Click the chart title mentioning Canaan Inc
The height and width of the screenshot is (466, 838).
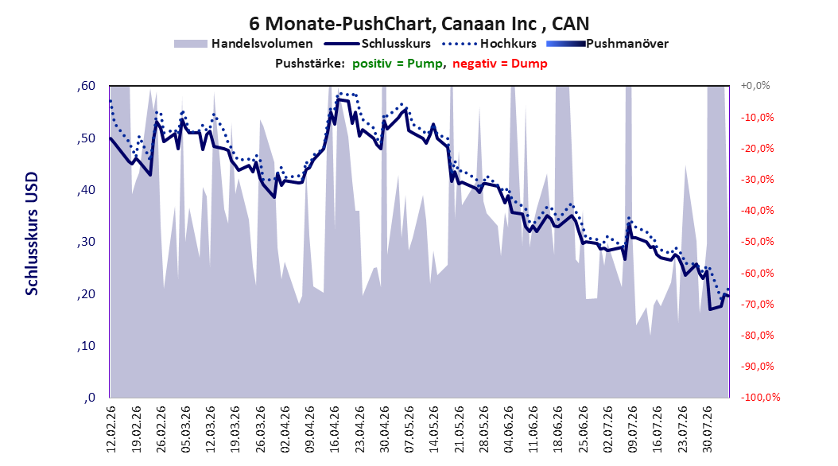pyautogui.click(x=419, y=24)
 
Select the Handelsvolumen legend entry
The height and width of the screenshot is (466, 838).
pyautogui.click(x=244, y=44)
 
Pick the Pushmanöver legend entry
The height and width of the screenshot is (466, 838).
pyautogui.click(x=607, y=44)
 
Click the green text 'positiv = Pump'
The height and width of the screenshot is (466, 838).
pyautogui.click(x=397, y=64)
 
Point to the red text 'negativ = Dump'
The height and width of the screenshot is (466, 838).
pyautogui.click(x=500, y=64)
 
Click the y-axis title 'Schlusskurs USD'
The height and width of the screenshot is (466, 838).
pyautogui.click(x=32, y=234)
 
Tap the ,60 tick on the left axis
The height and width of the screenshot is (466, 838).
pyautogui.click(x=86, y=86)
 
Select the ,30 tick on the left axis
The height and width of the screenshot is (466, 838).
pyautogui.click(x=86, y=242)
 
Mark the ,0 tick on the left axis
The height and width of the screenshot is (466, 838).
pyautogui.click(x=89, y=398)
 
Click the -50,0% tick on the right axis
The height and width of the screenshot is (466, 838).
pyautogui.click(x=757, y=242)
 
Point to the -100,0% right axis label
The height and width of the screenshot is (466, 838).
pyautogui.click(x=760, y=397)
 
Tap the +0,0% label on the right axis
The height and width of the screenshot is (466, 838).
pyautogui.click(x=755, y=86)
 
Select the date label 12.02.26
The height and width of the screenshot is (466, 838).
pyautogui.click(x=111, y=429)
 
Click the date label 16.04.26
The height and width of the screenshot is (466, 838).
pyautogui.click(x=335, y=429)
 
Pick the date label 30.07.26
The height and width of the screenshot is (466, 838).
pyautogui.click(x=707, y=429)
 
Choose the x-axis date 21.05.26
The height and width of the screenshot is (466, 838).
pyautogui.click(x=459, y=429)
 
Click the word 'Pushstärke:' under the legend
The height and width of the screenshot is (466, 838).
pyautogui.click(x=310, y=64)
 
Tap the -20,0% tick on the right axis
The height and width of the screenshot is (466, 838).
pyautogui.click(x=757, y=148)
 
